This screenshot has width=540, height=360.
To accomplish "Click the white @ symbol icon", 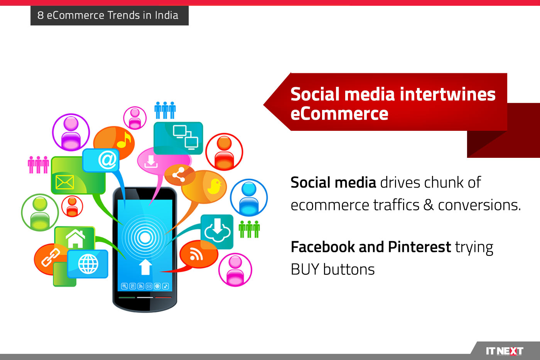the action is pyautogui.click(x=107, y=160).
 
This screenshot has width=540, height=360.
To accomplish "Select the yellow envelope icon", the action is pyautogui.click(x=65, y=182).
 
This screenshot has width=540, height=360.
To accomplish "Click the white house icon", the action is pyautogui.click(x=76, y=239).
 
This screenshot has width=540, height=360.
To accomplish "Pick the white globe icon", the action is pyautogui.click(x=88, y=264).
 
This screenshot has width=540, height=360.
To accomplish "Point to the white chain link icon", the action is pyautogui.click(x=51, y=257).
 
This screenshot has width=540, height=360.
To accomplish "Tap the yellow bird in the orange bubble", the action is pyautogui.click(x=214, y=186).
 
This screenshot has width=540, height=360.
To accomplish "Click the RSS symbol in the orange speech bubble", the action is pyautogui.click(x=196, y=254).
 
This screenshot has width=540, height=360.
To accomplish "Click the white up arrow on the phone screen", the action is pyautogui.click(x=145, y=267).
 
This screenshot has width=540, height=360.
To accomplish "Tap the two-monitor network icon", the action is pyautogui.click(x=186, y=137).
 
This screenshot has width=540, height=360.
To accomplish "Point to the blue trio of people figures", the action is pyautogui.click(x=165, y=110).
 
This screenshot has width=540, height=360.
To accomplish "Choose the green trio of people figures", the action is pyautogui.click(x=249, y=229).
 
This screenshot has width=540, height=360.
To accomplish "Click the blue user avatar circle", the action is pyautogui.click(x=249, y=198).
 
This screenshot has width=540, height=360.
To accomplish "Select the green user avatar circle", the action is pyautogui.click(x=40, y=213).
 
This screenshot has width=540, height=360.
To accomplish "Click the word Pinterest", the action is pyautogui.click(x=420, y=247).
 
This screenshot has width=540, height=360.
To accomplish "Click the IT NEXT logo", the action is pyautogui.click(x=505, y=351).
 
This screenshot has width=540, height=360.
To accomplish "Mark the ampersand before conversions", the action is pyautogui.click(x=429, y=205).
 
